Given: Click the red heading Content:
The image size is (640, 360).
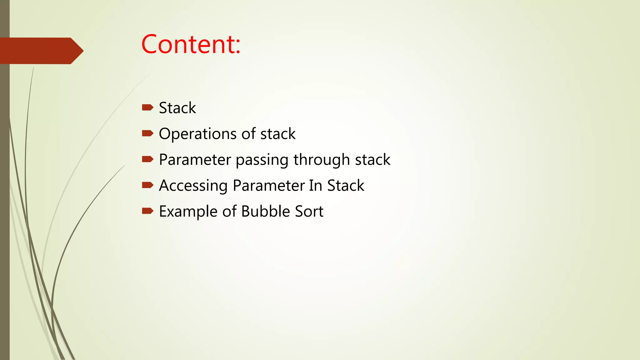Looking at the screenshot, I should coord(191,44).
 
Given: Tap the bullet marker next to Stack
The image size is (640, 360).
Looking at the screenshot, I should coord(147,108).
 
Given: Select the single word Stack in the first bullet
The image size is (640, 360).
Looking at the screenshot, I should coord(177,108).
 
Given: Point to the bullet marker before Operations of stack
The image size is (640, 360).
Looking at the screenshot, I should coord(147,134).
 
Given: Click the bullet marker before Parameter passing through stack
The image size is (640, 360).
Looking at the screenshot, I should coord(147,160).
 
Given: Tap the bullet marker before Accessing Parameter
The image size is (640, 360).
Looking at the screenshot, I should coord(147,185).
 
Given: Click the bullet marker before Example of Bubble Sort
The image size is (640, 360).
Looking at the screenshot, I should coord(147,211).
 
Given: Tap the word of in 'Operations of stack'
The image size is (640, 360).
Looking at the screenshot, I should coord(248,134).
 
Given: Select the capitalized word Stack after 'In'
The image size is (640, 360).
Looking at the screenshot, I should coord(346,186).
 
